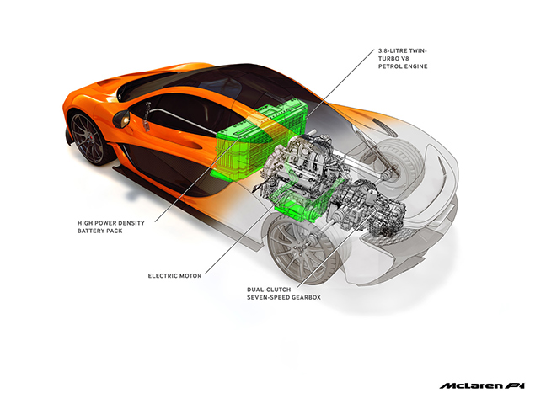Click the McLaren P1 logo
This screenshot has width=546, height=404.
pyautogui.click(x=482, y=385)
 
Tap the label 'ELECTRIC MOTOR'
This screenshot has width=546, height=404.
pyautogui.click(x=174, y=275)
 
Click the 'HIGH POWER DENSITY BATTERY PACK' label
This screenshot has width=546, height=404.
pyautogui.click(x=110, y=226)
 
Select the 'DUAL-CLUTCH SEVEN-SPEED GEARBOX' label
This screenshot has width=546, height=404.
pyautogui.click(x=284, y=293)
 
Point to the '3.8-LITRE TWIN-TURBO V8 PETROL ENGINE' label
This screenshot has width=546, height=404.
pyautogui.click(x=403, y=58)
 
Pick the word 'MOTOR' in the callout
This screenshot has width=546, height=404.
pyautogui.click(x=190, y=275)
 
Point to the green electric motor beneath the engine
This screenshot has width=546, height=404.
pyautogui.click(x=303, y=204)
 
